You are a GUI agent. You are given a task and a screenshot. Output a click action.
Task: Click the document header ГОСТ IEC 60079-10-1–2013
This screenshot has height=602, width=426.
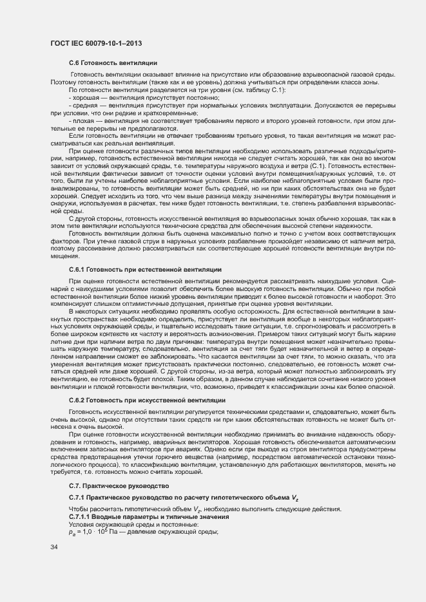96,43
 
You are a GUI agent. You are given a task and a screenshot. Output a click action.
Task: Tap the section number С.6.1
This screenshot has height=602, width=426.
77,268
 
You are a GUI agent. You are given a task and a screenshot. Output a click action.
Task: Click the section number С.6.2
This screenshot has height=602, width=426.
77,400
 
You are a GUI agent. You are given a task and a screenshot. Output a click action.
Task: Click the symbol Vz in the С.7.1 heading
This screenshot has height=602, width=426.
295,499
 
